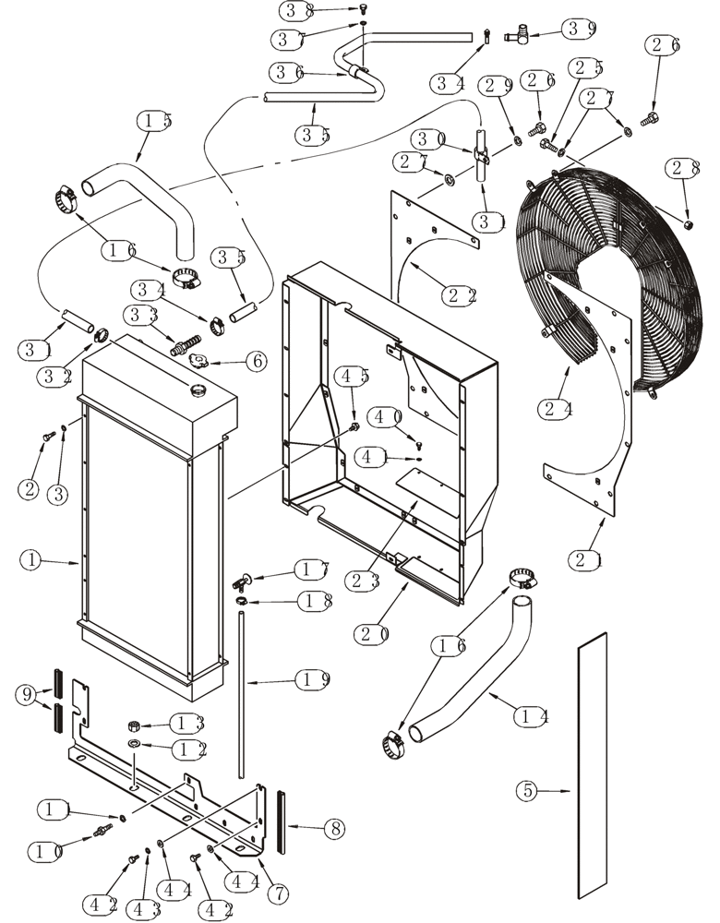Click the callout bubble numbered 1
[31, 559]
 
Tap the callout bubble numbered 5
[526, 790]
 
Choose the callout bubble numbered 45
[354, 377]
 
